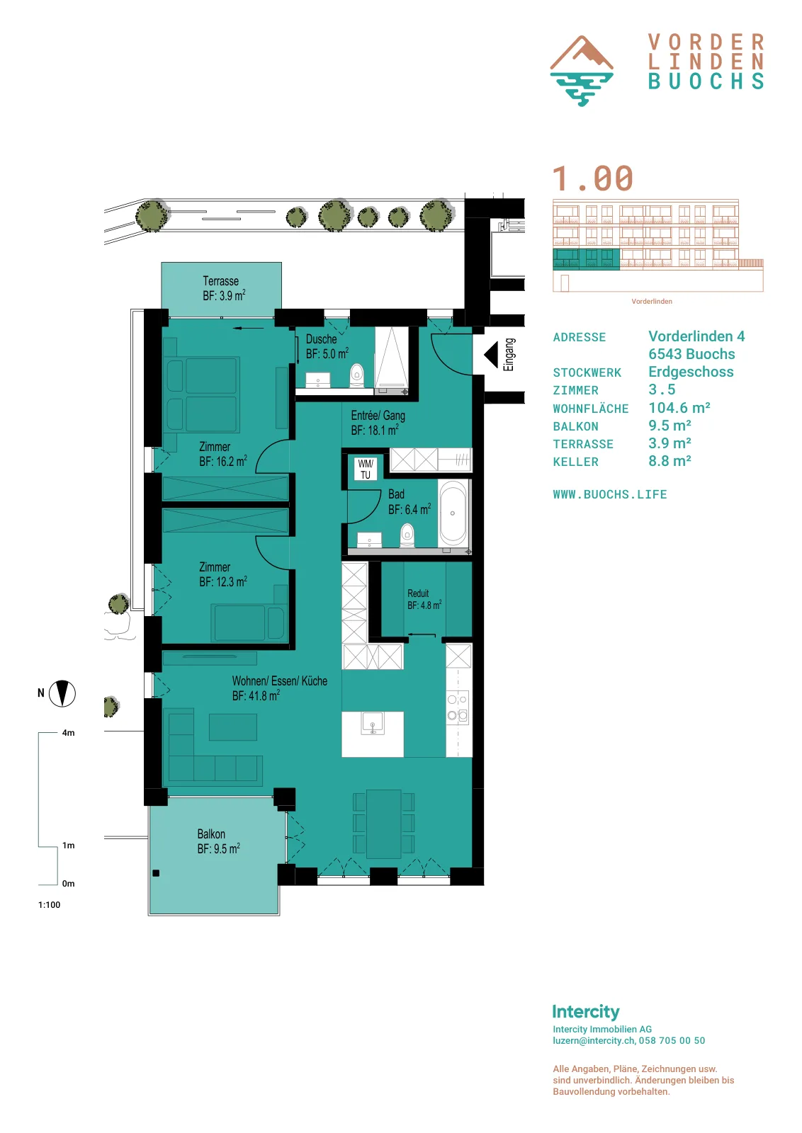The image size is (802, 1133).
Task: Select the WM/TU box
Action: pyautogui.click(x=366, y=468)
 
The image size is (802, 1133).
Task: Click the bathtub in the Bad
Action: pyautogui.click(x=452, y=513)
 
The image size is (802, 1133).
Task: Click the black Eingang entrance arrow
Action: pyautogui.click(x=491, y=355)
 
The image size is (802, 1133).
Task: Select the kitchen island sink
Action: pyautogui.click(x=373, y=722)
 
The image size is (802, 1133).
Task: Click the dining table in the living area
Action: pyautogui.click(x=384, y=824)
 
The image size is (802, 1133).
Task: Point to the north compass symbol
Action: pyautogui.click(x=62, y=693)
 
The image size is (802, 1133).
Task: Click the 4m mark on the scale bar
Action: pyautogui.click(x=68, y=732)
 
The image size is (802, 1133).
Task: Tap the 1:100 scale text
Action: pyautogui.click(x=49, y=904)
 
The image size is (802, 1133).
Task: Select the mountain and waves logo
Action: pyautogui.click(x=582, y=71)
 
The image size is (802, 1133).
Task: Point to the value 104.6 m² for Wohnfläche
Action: pyautogui.click(x=679, y=408)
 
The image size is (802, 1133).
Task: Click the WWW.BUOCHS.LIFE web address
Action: pyautogui.click(x=610, y=494)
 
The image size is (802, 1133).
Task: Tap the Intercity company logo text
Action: pyautogui.click(x=586, y=1011)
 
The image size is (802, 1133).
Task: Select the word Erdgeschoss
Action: pyautogui.click(x=691, y=372)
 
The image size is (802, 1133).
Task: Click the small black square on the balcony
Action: pyautogui.click(x=156, y=873)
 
